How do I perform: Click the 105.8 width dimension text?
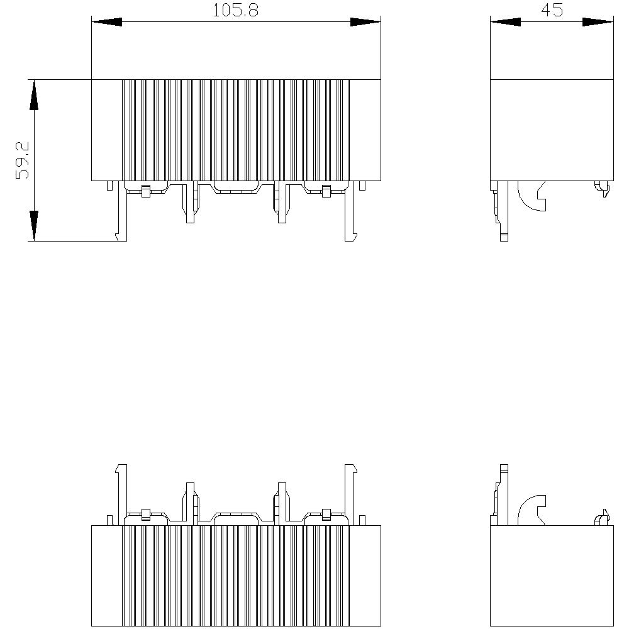(235, 10)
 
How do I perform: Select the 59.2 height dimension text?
(23, 160)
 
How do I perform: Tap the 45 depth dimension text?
(552, 10)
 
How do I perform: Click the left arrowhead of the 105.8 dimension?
(107, 21)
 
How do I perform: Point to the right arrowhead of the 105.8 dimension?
(365, 21)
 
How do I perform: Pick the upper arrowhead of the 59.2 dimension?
(34, 95)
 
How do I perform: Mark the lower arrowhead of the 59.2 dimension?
(34, 225)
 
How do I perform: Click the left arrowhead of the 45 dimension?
(506, 21)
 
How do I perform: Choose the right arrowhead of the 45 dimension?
(598, 21)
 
